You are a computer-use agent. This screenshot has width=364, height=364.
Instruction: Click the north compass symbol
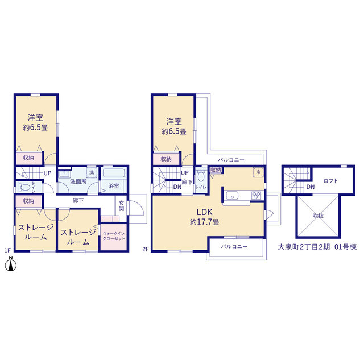pos(11,264)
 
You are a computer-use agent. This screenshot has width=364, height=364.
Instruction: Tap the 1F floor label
pos(7,250)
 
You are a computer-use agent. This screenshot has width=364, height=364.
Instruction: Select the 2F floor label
pos(146,250)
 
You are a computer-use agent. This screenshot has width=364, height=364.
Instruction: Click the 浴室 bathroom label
pos(114,186)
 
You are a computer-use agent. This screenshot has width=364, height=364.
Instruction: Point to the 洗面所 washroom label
pos(78,181)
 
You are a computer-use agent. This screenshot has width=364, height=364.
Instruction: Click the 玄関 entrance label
pos(121,206)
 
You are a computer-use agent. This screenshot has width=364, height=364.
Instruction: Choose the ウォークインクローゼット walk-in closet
pos(114,237)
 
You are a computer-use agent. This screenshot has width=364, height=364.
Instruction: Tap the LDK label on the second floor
pos(204,212)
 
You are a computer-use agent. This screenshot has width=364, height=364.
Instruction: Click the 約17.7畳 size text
pos(204,222)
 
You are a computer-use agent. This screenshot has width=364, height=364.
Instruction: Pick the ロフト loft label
pos(330,181)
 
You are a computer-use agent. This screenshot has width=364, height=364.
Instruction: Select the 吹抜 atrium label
pos(318,216)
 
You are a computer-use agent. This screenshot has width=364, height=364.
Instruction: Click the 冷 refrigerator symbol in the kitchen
pos(258,172)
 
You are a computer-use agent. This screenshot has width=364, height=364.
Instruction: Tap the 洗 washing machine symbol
pos(92,172)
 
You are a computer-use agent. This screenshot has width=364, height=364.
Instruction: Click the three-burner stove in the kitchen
pos(257,195)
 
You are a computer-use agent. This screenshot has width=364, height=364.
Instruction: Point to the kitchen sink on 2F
pos(233,196)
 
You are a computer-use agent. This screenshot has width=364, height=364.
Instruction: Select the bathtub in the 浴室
pos(114,173)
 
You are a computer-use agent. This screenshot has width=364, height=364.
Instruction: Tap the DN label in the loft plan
pos(311,187)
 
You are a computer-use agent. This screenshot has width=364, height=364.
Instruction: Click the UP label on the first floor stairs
pos(47,173)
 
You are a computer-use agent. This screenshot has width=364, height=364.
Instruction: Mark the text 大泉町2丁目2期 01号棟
pos(317,247)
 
